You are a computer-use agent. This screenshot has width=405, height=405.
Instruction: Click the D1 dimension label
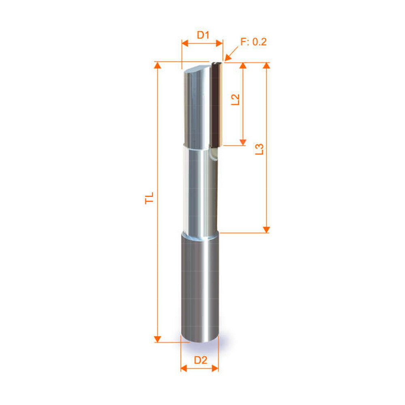[203, 35]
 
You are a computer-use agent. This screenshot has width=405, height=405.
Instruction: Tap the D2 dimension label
[200, 360]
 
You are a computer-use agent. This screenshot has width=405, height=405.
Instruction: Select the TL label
[149, 198]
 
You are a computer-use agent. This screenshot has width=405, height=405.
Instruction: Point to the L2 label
[235, 100]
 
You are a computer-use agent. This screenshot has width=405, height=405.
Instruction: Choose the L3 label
[259, 149]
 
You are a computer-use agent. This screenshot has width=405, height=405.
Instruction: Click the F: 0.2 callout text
[254, 42]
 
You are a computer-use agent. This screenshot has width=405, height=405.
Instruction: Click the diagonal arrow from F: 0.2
[231, 54]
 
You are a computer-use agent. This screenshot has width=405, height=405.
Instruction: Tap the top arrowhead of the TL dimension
[158, 65]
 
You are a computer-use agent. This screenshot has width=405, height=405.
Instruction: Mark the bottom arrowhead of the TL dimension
[158, 339]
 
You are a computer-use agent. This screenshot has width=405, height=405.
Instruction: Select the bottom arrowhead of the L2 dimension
[243, 142]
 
